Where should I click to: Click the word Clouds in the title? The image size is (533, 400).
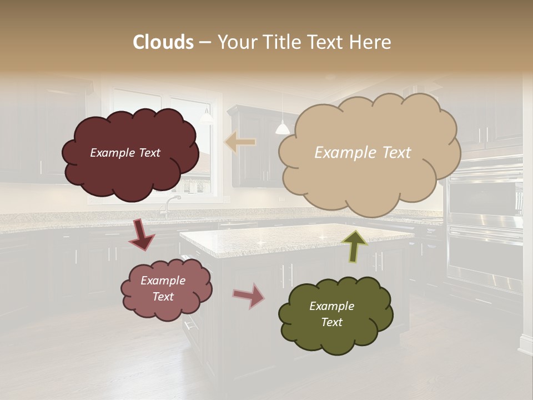pos(163,42)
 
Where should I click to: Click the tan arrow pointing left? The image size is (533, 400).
pos(240,142)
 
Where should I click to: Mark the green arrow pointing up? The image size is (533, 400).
pos(355,245)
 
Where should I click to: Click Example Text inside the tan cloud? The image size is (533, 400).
pos(363,153)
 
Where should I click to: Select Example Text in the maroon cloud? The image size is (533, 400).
pos(125,153)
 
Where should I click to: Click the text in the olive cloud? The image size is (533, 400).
pos(331,314)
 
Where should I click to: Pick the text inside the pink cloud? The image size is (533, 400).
pos(163,288)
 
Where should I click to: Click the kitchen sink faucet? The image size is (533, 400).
pos(167,206)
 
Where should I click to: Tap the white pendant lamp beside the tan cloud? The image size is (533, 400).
pos(282,128)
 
